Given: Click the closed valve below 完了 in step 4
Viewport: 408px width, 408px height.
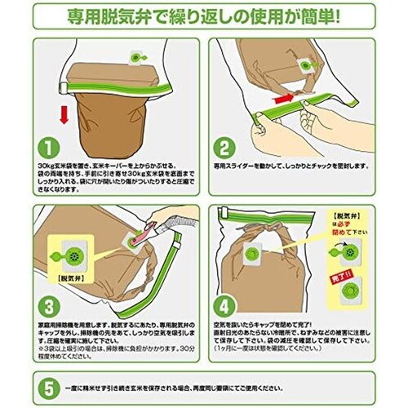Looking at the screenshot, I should click(350, 290).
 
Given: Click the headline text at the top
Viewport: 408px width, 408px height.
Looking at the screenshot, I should click(204, 16).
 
